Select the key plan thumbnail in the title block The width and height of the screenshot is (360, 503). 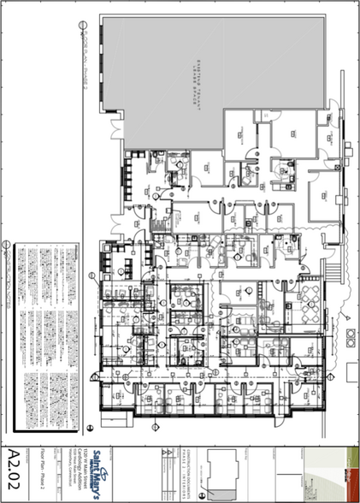(x=221, y=476)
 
